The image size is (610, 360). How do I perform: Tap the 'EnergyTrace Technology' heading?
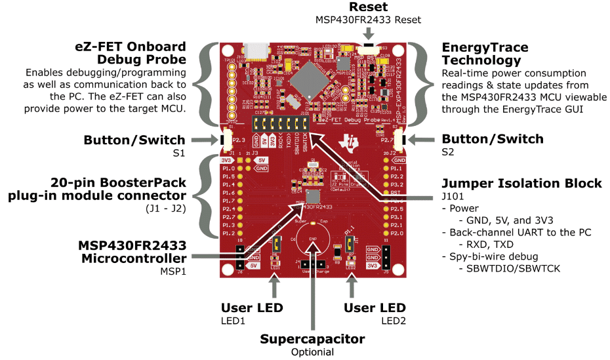click(x=485, y=55)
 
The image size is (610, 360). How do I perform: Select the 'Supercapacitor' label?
click(x=312, y=339)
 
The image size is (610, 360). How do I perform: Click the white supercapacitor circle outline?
click(x=312, y=242)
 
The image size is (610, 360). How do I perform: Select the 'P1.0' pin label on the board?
click(x=228, y=169)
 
